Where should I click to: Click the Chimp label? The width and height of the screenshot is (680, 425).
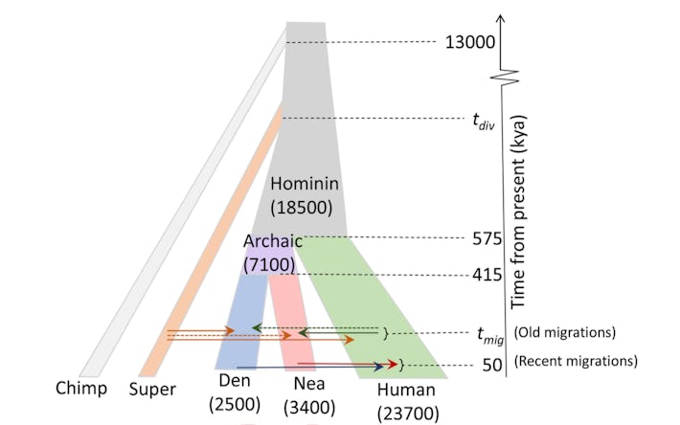pos(80,389)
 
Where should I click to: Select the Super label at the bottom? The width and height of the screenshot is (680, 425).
pos(152,389)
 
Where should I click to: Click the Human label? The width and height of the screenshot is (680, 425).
pos(405,390)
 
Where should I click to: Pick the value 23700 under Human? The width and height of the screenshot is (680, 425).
pos(405,414)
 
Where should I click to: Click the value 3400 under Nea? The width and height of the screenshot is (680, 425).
pos(304,408)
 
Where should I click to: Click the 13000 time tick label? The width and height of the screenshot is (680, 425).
pos(468,41)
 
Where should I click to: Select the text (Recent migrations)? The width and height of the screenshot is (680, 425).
pos(576,362)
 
